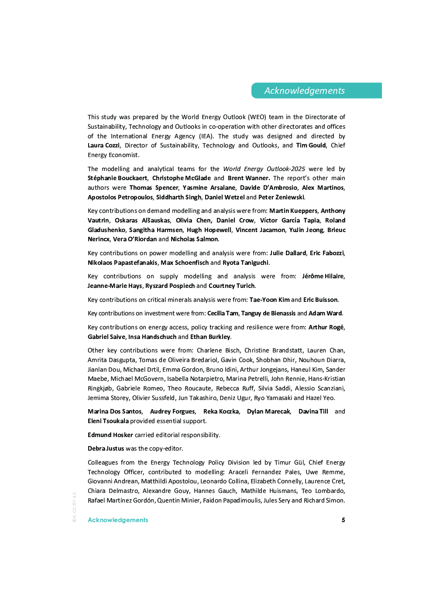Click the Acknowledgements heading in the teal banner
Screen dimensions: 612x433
(x=304, y=91)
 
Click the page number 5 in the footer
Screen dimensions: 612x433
(x=344, y=520)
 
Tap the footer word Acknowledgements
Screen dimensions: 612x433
(x=118, y=520)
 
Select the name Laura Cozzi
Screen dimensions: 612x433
(x=103, y=146)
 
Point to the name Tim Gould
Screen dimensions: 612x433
(x=311, y=146)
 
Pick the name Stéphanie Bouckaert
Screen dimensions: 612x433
(x=117, y=178)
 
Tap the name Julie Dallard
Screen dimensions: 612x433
(x=288, y=253)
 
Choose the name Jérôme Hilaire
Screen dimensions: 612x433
(x=323, y=277)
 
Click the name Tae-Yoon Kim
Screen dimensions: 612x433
(x=269, y=300)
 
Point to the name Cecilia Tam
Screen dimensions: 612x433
(x=223, y=314)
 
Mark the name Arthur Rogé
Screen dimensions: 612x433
(x=326, y=328)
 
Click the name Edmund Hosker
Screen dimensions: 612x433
(x=110, y=435)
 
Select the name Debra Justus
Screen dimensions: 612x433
(x=106, y=449)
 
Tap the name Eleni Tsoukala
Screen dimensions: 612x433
(x=108, y=421)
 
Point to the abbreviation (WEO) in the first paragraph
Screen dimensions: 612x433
(x=257, y=117)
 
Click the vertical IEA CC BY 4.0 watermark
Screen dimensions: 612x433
(x=75, y=507)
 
